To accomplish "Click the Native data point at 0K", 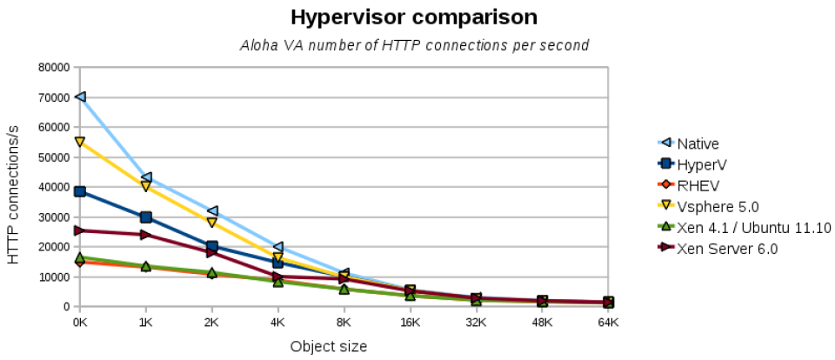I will [80, 97].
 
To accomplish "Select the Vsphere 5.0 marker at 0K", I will [80, 142].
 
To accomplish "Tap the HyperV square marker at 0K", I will [80, 191].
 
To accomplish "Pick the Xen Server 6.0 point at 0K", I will [80, 230].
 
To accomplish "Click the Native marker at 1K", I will [146, 177].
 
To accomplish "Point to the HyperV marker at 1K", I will [146, 217].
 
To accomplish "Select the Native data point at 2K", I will [212, 210].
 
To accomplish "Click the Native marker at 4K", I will [278, 247].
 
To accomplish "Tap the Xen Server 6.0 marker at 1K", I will [146, 235].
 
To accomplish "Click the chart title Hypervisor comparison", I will [414, 17].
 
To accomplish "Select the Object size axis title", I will [328, 346].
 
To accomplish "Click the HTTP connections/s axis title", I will [13, 186].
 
